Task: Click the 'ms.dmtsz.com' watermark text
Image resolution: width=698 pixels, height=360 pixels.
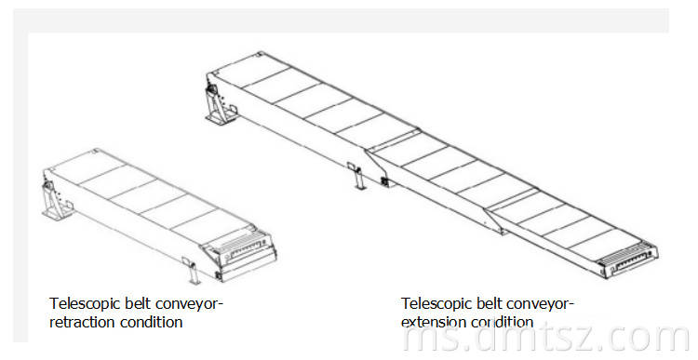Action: coord(545,339)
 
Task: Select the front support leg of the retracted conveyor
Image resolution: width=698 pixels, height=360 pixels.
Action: coord(194,273)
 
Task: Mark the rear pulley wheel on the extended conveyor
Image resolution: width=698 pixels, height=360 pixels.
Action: coord(212,93)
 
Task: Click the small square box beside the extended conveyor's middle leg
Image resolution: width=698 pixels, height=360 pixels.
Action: coord(384,182)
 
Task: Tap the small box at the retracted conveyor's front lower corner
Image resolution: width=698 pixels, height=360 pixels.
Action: coord(219,275)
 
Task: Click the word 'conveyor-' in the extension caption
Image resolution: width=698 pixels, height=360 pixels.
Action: coord(541,303)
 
